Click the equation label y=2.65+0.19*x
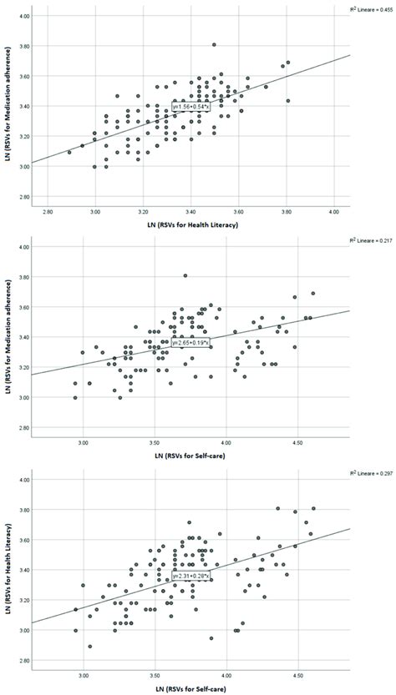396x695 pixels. pyautogui.click(x=191, y=342)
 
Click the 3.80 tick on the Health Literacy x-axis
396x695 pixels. pyautogui.click(x=287, y=213)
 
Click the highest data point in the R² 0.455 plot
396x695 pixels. pyautogui.click(x=214, y=44)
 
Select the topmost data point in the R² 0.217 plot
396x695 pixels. pyautogui.click(x=185, y=275)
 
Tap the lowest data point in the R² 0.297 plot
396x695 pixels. pyautogui.click(x=89, y=647)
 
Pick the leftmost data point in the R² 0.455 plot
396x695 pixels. pyautogui.click(x=69, y=153)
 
